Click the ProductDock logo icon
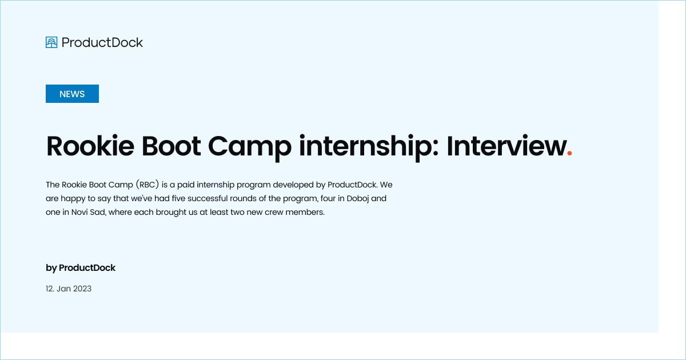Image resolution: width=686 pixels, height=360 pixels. point(51,42)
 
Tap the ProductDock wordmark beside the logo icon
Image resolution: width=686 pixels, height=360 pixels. point(102,42)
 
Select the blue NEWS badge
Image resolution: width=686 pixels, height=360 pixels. point(72,94)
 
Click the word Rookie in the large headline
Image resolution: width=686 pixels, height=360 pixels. point(89,146)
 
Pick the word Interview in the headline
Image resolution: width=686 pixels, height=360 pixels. point(505,146)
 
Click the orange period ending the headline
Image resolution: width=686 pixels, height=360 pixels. point(569,153)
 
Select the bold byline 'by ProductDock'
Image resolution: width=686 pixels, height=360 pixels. point(81,267)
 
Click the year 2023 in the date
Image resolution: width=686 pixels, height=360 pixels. point(82,289)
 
